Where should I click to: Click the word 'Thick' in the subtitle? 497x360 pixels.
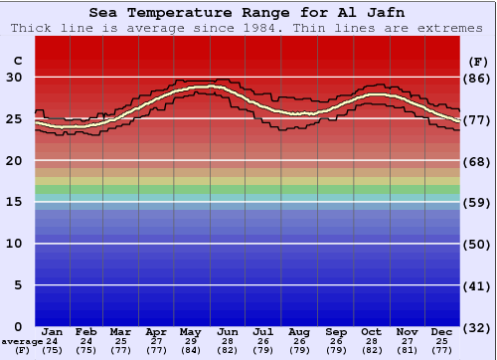[x=31, y=28]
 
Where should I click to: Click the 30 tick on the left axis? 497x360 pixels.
[x=16, y=78]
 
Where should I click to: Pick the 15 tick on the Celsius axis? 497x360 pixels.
[x=16, y=202]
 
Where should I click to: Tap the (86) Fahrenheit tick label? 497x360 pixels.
[x=477, y=78]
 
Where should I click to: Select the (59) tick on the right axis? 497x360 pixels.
[x=477, y=202]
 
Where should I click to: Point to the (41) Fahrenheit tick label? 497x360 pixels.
[x=477, y=285]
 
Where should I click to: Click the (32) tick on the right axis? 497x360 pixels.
[x=477, y=327]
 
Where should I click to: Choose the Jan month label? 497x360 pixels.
[x=53, y=331]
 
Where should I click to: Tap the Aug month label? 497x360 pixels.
[x=299, y=331]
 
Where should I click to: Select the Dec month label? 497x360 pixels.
[x=442, y=331]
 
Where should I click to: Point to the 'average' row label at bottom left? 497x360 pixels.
[x=22, y=341]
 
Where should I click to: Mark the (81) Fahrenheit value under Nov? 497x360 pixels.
[x=407, y=351]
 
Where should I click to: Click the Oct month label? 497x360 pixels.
[x=371, y=331]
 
